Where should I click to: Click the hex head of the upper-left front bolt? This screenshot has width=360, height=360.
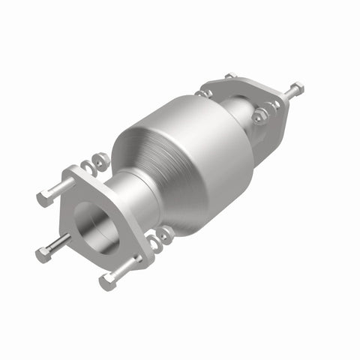[x=43, y=199]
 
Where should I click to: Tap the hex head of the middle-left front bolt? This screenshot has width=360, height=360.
[x=43, y=255]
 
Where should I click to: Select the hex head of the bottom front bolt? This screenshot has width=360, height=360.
[x=106, y=282]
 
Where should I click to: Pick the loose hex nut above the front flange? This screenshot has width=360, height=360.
[x=101, y=161]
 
